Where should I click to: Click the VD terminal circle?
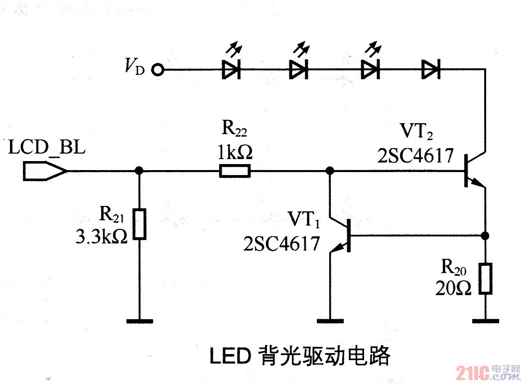tap(158, 70)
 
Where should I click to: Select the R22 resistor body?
tap(235, 172)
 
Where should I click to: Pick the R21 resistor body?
tap(140, 225)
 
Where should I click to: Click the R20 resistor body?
tap(486, 278)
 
